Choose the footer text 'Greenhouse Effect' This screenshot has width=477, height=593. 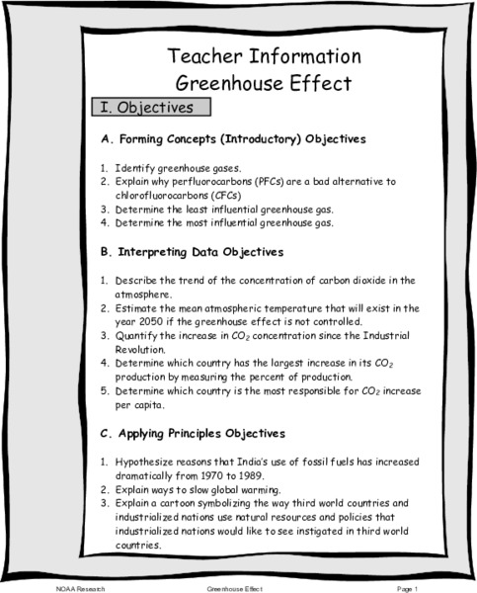[233, 587]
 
